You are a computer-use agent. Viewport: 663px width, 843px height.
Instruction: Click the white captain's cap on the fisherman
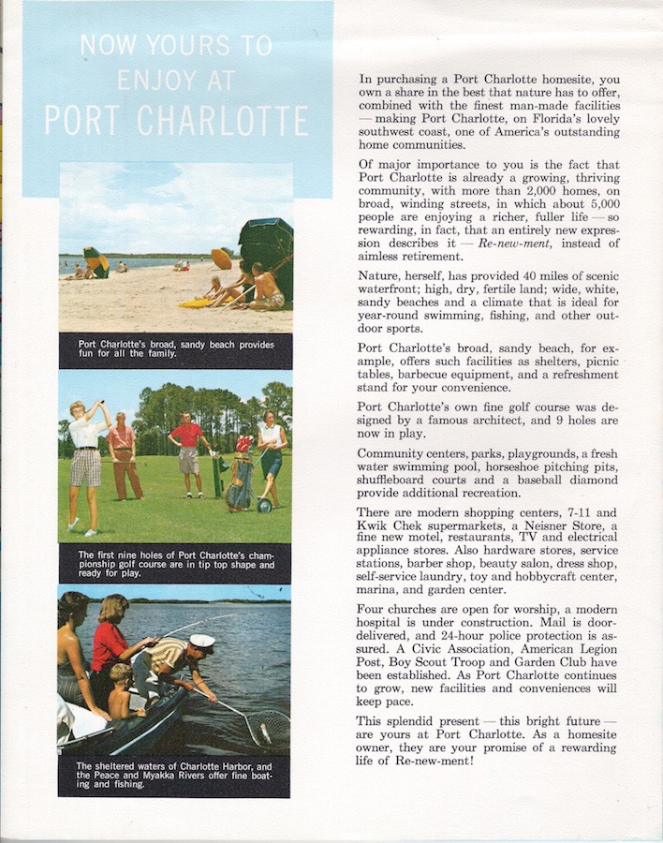pos(201,642)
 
